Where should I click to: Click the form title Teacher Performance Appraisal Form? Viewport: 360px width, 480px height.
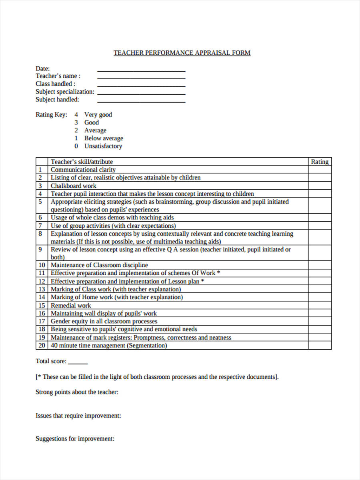tap(182, 53)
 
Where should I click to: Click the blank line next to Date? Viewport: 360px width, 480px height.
tap(141, 70)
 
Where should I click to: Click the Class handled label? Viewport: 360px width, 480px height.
tap(55, 84)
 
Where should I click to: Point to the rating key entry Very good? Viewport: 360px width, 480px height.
tap(98, 115)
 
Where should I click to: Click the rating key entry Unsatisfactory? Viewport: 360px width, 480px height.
tap(103, 146)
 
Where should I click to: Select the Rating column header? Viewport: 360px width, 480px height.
tap(320, 162)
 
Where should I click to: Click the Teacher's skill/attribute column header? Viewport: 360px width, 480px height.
tap(82, 162)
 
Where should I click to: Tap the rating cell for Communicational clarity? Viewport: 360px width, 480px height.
tap(320, 170)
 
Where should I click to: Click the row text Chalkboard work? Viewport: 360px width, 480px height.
tap(74, 186)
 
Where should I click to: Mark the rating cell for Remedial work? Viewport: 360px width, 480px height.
tap(320, 306)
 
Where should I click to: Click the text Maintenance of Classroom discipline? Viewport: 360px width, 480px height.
tap(99, 265)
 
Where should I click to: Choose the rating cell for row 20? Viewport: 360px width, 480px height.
tap(320, 346)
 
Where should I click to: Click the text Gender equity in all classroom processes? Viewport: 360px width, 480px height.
tap(104, 322)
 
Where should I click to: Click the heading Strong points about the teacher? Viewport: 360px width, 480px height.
tap(77, 392)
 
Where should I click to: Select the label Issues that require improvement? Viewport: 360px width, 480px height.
tap(78, 416)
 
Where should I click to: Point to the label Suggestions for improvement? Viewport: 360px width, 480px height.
tap(75, 439)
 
